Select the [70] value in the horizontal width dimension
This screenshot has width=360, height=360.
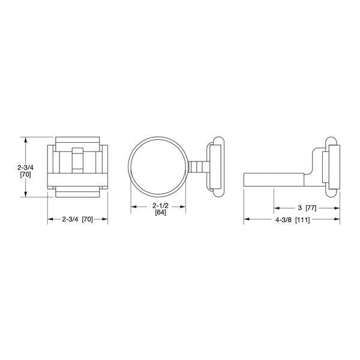point(88,220)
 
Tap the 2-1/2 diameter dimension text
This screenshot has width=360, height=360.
point(160,206)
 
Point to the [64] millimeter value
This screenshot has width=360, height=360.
point(160,213)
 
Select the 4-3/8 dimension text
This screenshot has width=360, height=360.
point(283,220)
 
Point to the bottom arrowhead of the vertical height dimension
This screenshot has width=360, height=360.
point(26,194)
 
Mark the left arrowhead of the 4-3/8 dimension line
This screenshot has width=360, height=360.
point(246,220)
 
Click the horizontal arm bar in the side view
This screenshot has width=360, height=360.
point(273,179)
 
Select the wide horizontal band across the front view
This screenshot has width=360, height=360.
point(78,181)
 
